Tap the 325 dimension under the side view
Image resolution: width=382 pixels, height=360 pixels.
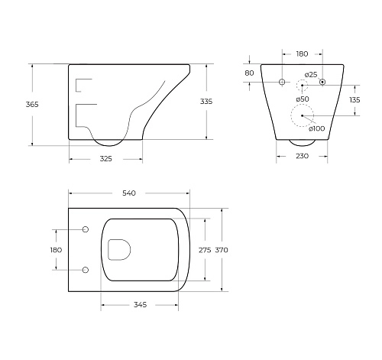tap(105, 158)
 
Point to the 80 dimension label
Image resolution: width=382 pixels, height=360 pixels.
tap(249, 73)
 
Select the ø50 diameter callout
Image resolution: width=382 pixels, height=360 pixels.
tap(303, 99)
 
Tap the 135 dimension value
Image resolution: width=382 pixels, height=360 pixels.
tap(354, 99)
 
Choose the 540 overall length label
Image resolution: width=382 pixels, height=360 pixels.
tap(128, 193)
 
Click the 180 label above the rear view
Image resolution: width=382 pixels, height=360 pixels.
tap(302, 54)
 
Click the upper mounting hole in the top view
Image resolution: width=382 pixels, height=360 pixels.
tap(85, 230)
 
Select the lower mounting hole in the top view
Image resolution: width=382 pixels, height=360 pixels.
tap(85, 269)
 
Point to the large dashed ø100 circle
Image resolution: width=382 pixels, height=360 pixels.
tap(303, 117)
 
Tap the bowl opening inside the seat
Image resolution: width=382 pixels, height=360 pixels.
tap(121, 249)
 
